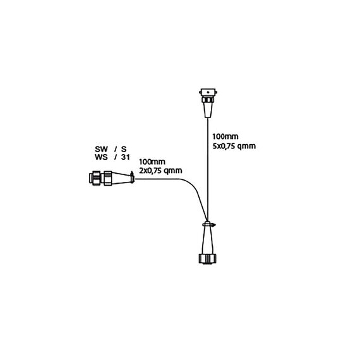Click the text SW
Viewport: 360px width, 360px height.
101,149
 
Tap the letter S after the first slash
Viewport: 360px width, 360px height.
124,149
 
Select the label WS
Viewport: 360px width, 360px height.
101,157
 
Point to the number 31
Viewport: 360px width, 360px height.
125,157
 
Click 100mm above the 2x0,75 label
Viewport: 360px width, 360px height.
152,162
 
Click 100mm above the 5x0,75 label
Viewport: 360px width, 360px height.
225,136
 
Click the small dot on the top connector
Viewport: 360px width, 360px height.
208,92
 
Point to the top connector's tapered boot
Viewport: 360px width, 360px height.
208,110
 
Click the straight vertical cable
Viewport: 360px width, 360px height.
208,169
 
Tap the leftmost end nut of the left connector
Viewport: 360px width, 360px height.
95,178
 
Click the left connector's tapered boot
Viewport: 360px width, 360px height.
121,178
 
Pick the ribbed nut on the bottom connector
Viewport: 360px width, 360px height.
208,259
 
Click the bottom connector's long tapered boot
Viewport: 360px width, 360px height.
208,240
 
